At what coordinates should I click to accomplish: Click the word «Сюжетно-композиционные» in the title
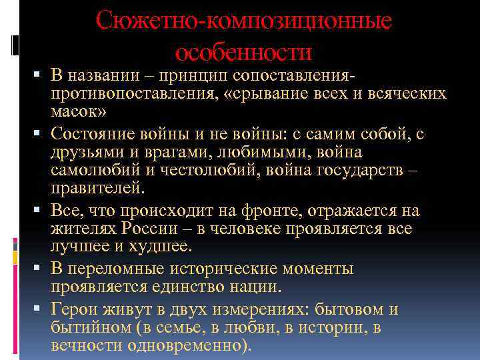(243, 22)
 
